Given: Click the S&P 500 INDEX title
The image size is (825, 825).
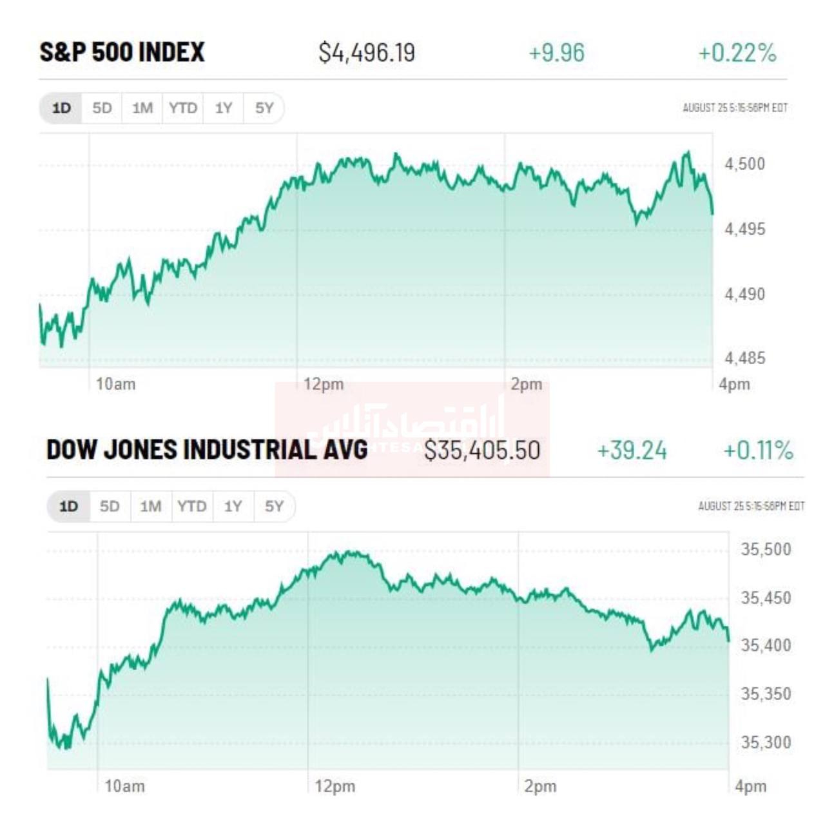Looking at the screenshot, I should pyautogui.click(x=122, y=52).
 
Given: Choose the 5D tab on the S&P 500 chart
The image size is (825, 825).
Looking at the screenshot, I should pyautogui.click(x=102, y=108).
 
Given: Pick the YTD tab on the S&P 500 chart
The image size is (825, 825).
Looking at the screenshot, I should pyautogui.click(x=183, y=108).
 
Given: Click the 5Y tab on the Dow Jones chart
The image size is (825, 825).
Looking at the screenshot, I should pyautogui.click(x=274, y=506).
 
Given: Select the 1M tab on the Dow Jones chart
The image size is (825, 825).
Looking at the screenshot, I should pyautogui.click(x=151, y=506).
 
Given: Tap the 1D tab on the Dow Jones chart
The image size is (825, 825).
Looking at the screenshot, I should pyautogui.click(x=68, y=506).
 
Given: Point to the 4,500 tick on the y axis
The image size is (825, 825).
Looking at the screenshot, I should pyautogui.click(x=744, y=164).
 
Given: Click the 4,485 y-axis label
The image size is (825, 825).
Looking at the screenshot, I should pyautogui.click(x=744, y=358).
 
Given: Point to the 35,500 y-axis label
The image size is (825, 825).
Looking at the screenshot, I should pyautogui.click(x=765, y=549).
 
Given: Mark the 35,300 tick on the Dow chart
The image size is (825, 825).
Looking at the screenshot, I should pyautogui.click(x=765, y=742).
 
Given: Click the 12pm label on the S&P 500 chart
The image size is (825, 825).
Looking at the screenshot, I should pyautogui.click(x=324, y=385).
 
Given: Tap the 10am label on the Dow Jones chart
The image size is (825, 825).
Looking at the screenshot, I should pyautogui.click(x=124, y=786).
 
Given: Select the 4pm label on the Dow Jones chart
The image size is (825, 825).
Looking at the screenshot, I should pyautogui.click(x=751, y=786).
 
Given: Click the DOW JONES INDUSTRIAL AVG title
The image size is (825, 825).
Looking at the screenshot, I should pyautogui.click(x=207, y=450).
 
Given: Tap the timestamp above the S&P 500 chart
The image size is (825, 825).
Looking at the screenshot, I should pyautogui.click(x=735, y=108).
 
